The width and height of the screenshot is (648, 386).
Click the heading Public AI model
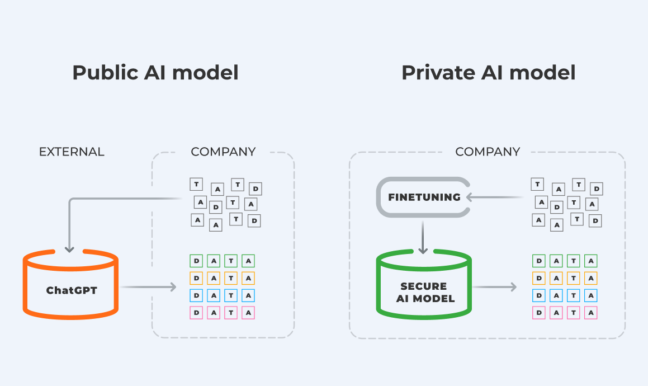tap(155, 73)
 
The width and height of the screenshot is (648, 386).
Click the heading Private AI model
tap(488, 73)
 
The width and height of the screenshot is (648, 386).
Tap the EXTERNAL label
tap(72, 152)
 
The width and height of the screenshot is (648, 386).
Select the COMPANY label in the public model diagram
tap(223, 152)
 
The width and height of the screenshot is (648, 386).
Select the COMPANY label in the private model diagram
tap(488, 152)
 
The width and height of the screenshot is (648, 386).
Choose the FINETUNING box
tap(424, 197)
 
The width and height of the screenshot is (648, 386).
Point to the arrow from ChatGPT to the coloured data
tap(148, 287)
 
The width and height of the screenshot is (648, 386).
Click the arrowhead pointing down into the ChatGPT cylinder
tap(69, 248)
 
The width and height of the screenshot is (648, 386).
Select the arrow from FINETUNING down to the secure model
tap(423, 237)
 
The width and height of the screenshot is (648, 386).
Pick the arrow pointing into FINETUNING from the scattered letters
tap(495, 197)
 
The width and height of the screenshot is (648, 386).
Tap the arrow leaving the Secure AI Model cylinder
tap(494, 287)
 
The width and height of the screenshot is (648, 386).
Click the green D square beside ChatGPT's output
tap(196, 261)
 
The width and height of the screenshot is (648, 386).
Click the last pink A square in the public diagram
tap(248, 313)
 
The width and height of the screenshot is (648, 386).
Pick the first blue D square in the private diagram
tap(539, 295)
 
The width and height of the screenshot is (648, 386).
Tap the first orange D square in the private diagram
tap(539, 278)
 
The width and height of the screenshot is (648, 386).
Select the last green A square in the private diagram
tap(590, 261)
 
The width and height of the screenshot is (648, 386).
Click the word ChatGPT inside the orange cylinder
tap(71, 290)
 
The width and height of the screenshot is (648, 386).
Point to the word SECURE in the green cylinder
tap(423, 286)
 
